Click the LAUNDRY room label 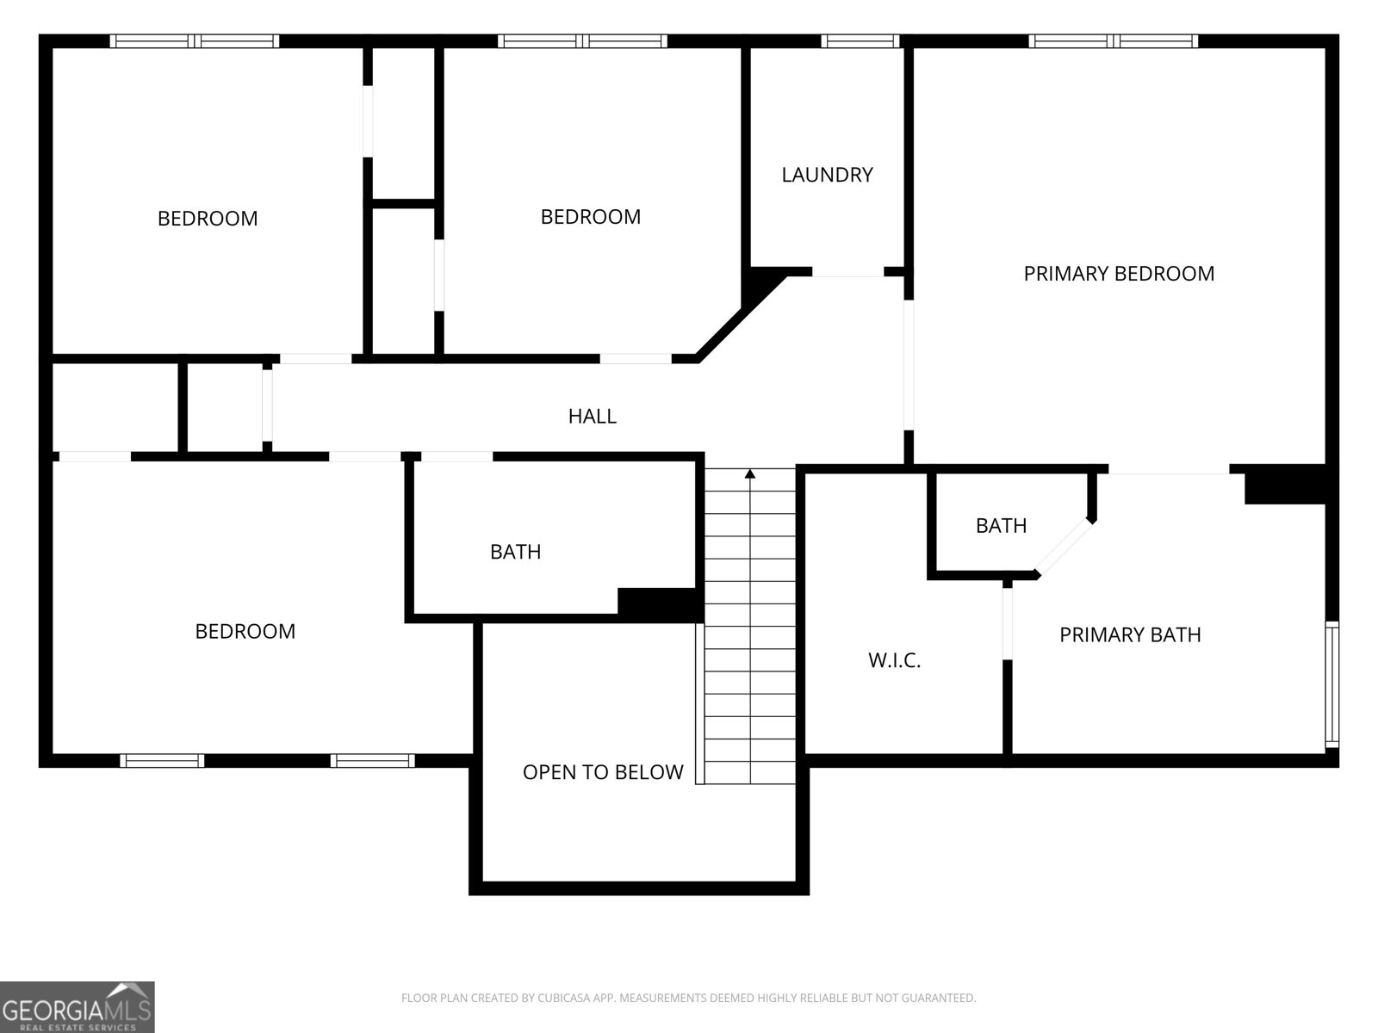(x=827, y=175)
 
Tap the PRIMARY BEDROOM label (x=1119, y=274)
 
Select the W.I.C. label (x=894, y=660)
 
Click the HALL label (x=592, y=417)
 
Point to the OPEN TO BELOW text (x=603, y=772)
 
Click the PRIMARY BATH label (x=1130, y=635)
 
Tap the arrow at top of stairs (x=750, y=473)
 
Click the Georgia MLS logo (x=78, y=1006)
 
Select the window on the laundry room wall (x=860, y=40)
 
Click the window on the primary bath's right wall (x=1331, y=684)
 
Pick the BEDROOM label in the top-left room (x=208, y=219)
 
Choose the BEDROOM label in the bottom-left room (x=245, y=632)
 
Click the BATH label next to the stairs (x=515, y=552)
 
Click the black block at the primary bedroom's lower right (x=1284, y=485)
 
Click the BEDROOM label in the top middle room (x=590, y=217)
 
